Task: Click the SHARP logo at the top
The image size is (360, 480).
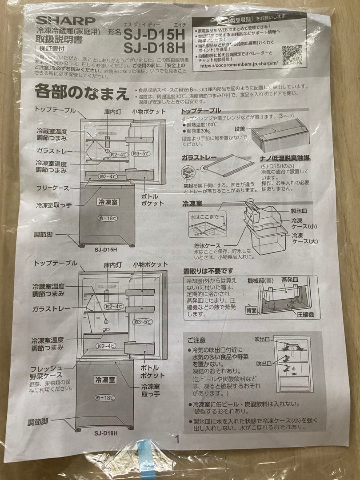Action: click(65, 20)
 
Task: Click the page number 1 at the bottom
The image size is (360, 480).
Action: click(177, 440)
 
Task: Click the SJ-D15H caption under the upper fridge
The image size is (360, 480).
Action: click(105, 249)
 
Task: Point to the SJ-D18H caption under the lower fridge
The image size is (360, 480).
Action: click(105, 432)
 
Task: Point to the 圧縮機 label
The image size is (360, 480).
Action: click(306, 314)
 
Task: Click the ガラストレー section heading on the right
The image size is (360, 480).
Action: click(199, 158)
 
